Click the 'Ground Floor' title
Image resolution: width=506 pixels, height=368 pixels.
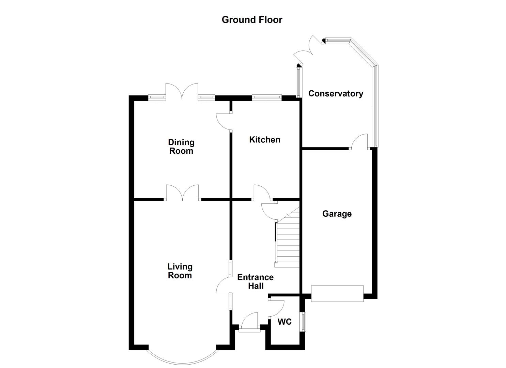252,20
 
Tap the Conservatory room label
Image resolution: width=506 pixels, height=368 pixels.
336,93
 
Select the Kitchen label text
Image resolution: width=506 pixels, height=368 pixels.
264,139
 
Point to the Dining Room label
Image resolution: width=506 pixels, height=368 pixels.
181,147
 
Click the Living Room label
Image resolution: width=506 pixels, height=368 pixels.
180,271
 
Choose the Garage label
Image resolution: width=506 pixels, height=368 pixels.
337,214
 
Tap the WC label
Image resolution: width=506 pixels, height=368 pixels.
285,322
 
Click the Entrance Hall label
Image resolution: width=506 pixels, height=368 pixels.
255,281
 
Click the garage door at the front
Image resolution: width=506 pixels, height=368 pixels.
337,293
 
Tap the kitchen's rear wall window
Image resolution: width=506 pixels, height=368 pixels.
266,97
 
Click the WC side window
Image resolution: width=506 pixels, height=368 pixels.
303,321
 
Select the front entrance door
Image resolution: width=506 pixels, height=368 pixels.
249,324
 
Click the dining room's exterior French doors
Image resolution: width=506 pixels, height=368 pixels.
182,91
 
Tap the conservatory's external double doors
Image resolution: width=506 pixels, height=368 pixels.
309,51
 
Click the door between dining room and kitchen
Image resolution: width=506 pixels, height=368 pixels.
224,121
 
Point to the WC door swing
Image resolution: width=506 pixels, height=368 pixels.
277,308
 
